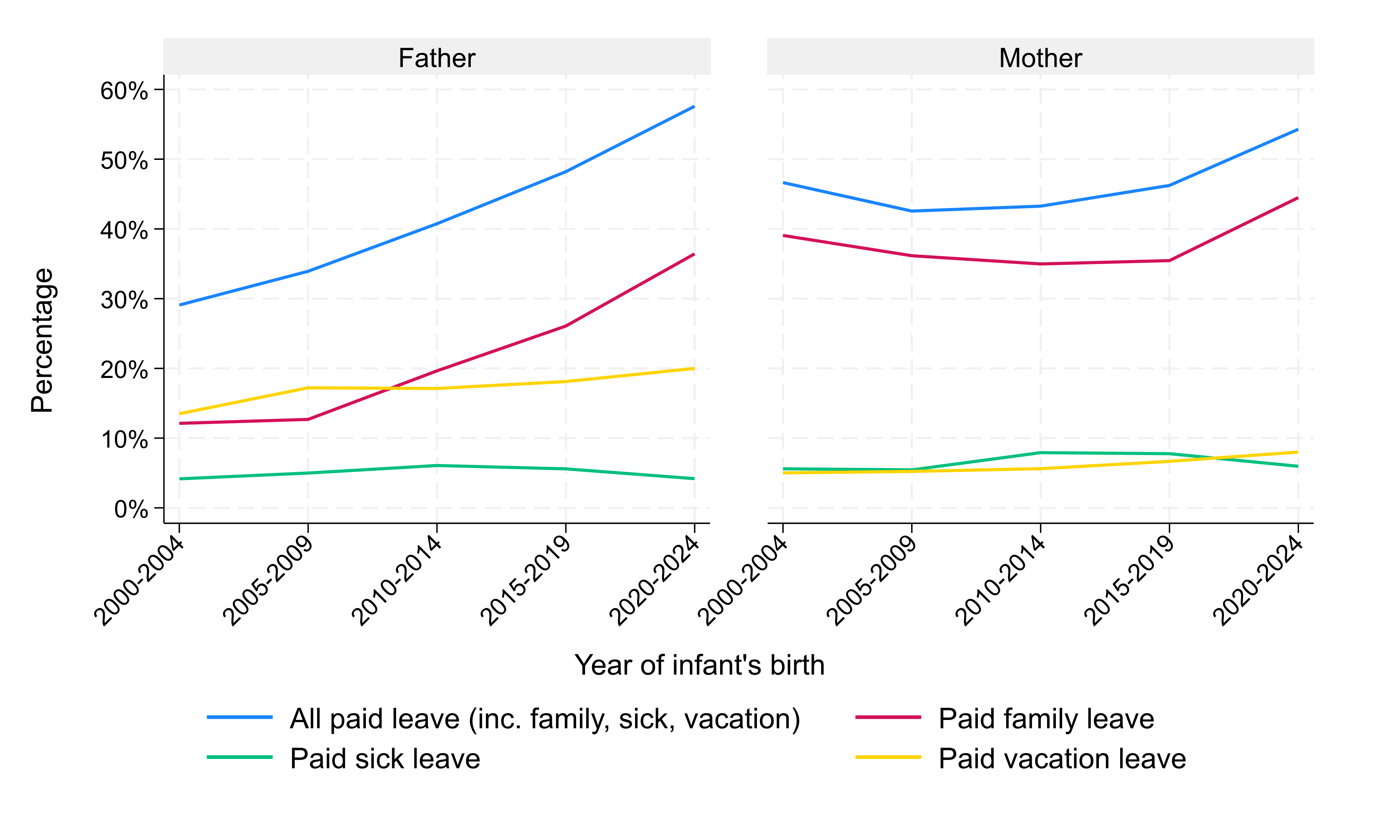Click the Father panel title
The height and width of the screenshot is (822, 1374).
tap(437, 58)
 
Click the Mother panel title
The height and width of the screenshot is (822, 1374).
tap(1040, 58)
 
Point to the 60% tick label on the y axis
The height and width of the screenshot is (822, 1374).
tap(124, 91)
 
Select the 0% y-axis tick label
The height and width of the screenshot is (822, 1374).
tap(131, 509)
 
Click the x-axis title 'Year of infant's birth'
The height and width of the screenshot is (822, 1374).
tap(699, 665)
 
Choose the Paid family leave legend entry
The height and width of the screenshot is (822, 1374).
tap(1046, 718)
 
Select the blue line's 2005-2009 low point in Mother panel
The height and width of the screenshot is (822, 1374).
tap(911, 211)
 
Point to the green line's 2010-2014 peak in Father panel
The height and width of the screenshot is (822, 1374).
tap(437, 465)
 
